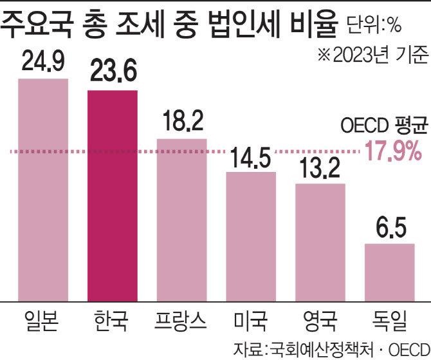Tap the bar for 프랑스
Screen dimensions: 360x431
point(182,219)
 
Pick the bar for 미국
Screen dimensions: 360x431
point(252,236)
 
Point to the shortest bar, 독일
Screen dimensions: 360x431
point(390,271)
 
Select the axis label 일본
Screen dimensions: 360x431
point(43,319)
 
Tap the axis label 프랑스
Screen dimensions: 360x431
point(182,319)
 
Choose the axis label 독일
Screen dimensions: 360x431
point(390,319)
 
